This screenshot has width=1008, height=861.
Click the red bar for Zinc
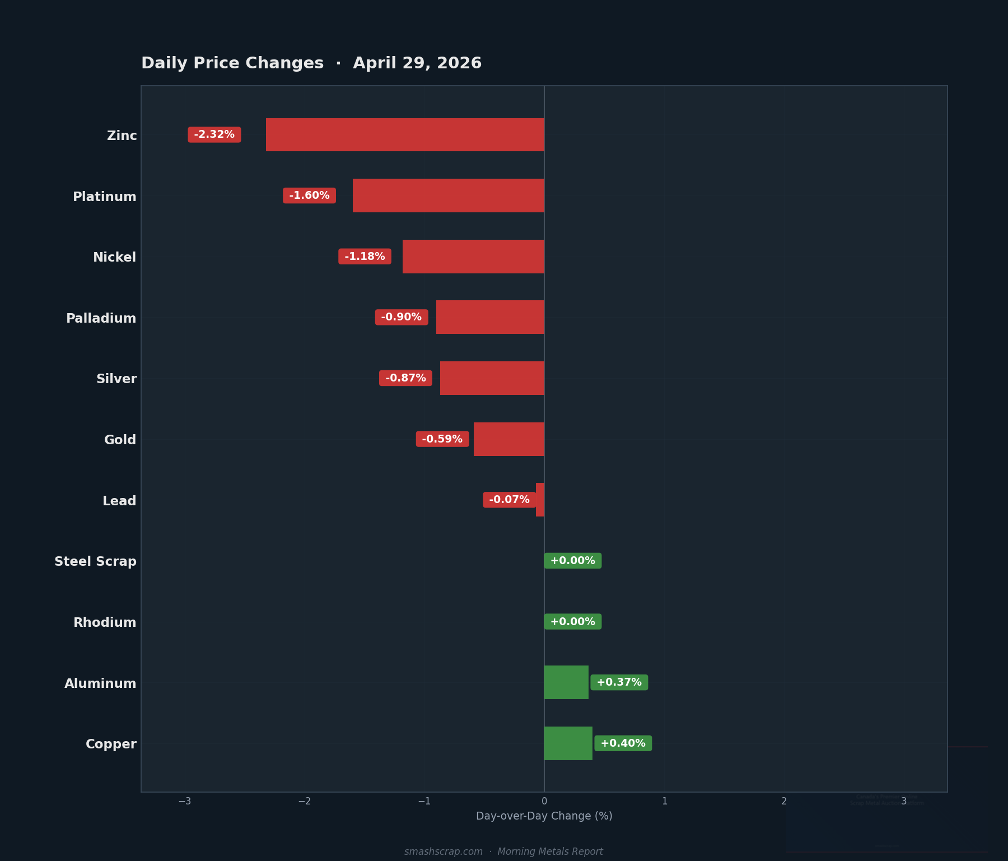pyautogui.click(x=405, y=135)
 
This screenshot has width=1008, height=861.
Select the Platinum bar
pyautogui.click(x=448, y=196)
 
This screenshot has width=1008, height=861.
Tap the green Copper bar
pyautogui.click(x=568, y=743)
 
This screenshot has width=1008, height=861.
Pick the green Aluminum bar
pyautogui.click(x=566, y=682)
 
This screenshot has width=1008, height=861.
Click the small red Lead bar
pyautogui.click(x=540, y=500)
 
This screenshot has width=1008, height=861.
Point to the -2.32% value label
pyautogui.click(x=214, y=135)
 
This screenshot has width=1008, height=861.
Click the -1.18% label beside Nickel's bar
pyautogui.click(x=365, y=257)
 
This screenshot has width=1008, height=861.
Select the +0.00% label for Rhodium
pyautogui.click(x=572, y=622)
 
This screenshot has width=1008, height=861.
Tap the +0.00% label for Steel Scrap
pyautogui.click(x=572, y=561)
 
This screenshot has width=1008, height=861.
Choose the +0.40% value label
pyautogui.click(x=623, y=743)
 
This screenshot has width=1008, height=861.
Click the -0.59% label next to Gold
pyautogui.click(x=442, y=439)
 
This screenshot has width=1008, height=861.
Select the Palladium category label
pyautogui.click(x=101, y=318)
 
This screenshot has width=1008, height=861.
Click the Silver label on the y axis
pyautogui.click(x=116, y=379)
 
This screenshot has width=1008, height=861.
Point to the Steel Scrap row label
pyautogui.click(x=95, y=561)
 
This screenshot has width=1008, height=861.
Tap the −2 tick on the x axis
pyautogui.click(x=304, y=802)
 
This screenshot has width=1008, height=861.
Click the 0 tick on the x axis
pyautogui.click(x=544, y=802)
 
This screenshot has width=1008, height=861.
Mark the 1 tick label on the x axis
pyautogui.click(x=664, y=802)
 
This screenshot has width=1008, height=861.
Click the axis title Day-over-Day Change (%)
pyautogui.click(x=544, y=816)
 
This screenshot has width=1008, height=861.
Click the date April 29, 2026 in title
pyautogui.click(x=417, y=63)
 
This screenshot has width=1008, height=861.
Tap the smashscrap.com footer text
pyautogui.click(x=443, y=851)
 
